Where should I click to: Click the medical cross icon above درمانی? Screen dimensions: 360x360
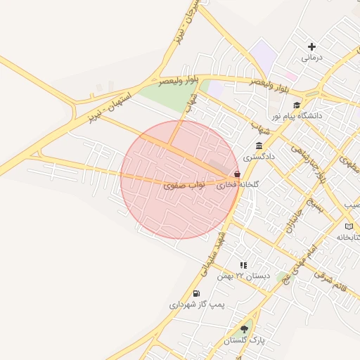[x=311, y=46]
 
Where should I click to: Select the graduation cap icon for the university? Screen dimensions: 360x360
[x=296, y=105]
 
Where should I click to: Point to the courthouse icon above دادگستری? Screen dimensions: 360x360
[x=259, y=146]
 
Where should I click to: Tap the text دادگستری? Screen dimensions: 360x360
[x=259, y=157]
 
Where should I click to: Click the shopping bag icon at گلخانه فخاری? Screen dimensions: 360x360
[x=237, y=174]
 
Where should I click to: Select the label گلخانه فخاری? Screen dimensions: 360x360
[x=238, y=185]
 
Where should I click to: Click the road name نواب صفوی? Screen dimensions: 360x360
[x=184, y=185]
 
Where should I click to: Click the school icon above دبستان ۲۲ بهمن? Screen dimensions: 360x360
[x=243, y=265]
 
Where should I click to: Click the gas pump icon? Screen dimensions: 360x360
[x=195, y=293]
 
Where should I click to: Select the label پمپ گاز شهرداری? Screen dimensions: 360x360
[x=196, y=305]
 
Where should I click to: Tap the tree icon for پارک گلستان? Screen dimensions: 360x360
[x=244, y=328]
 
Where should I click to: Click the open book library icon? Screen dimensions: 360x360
[x=349, y=226]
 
